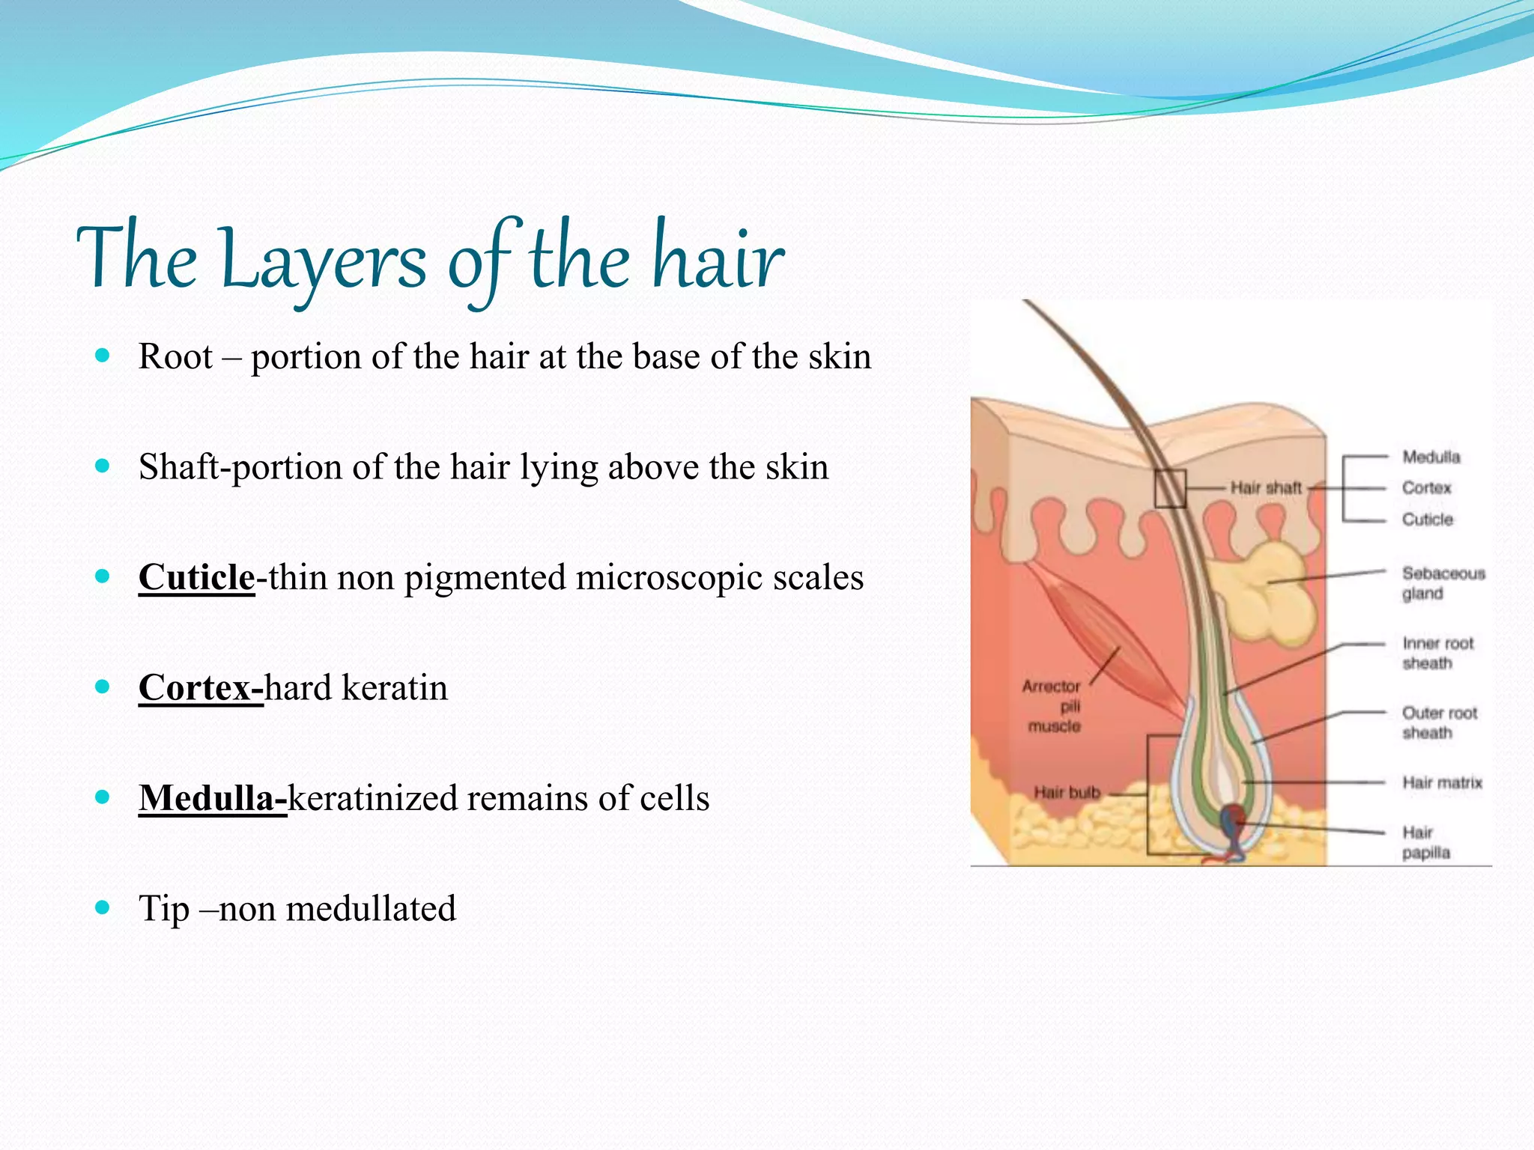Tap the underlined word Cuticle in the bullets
pos(196,577)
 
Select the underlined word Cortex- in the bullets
pos(200,687)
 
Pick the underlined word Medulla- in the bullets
pos(212,798)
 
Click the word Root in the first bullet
pos(175,356)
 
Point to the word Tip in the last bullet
pos(164,909)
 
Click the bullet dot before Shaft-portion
pos(103,466)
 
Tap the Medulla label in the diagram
pos(1431,457)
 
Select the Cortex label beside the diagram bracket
pos(1426,488)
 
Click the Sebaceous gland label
pos(1441,583)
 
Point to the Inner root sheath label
pos(1437,653)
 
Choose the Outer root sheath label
pos(1438,722)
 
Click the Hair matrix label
pos(1442,782)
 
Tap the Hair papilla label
pos(1425,842)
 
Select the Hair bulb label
pos(1067,792)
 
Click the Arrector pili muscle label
pos(1053,705)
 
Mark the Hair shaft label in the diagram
pos(1266,488)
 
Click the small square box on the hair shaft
pos(1169,488)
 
